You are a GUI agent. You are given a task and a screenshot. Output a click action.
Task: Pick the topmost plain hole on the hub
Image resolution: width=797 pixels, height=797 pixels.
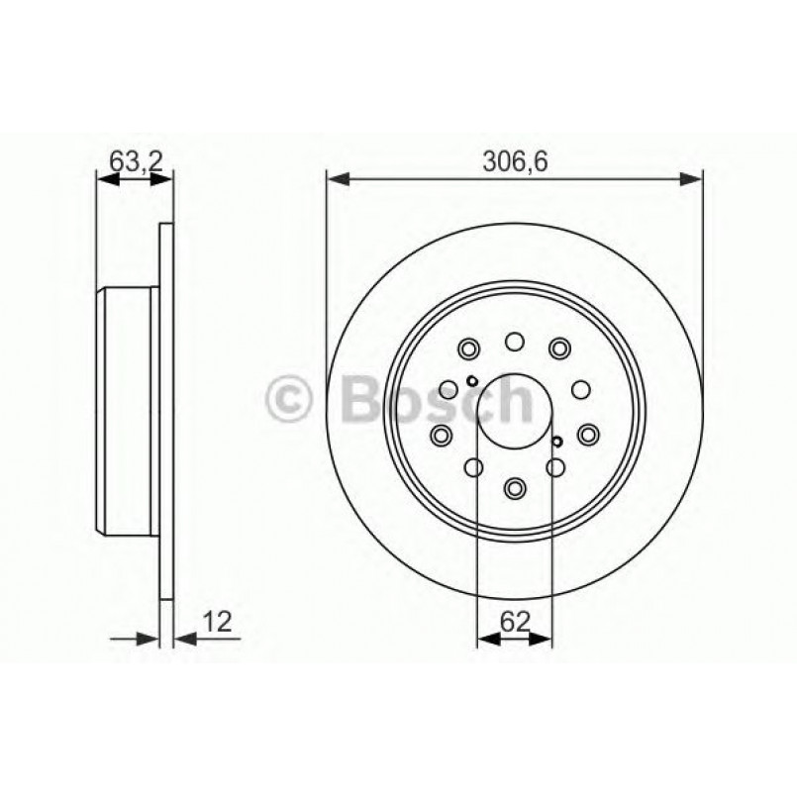[514, 343]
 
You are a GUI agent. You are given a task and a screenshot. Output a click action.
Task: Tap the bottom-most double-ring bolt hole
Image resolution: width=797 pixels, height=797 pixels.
[514, 487]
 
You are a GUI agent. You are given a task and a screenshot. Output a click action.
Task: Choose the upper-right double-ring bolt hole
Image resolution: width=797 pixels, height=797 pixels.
[560, 348]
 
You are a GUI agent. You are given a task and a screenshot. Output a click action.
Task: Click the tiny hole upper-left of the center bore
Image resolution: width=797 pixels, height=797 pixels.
[473, 382]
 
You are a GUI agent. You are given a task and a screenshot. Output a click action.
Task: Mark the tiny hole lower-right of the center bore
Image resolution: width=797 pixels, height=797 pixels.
[557, 441]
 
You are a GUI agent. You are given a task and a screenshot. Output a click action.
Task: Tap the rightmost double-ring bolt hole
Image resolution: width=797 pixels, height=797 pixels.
[588, 433]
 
